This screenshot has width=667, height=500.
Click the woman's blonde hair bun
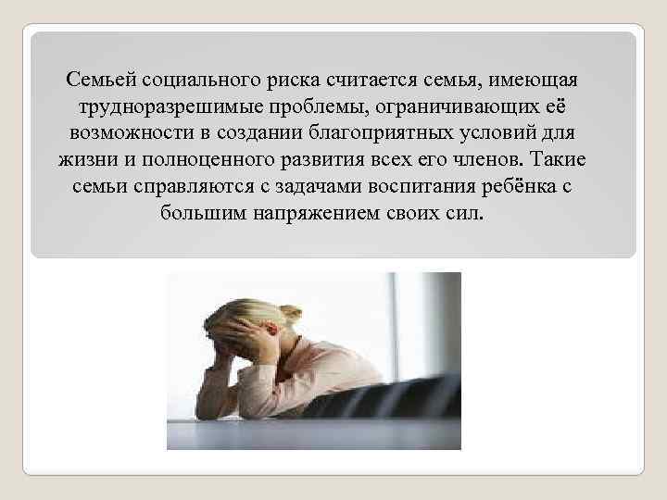[x=290, y=315]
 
